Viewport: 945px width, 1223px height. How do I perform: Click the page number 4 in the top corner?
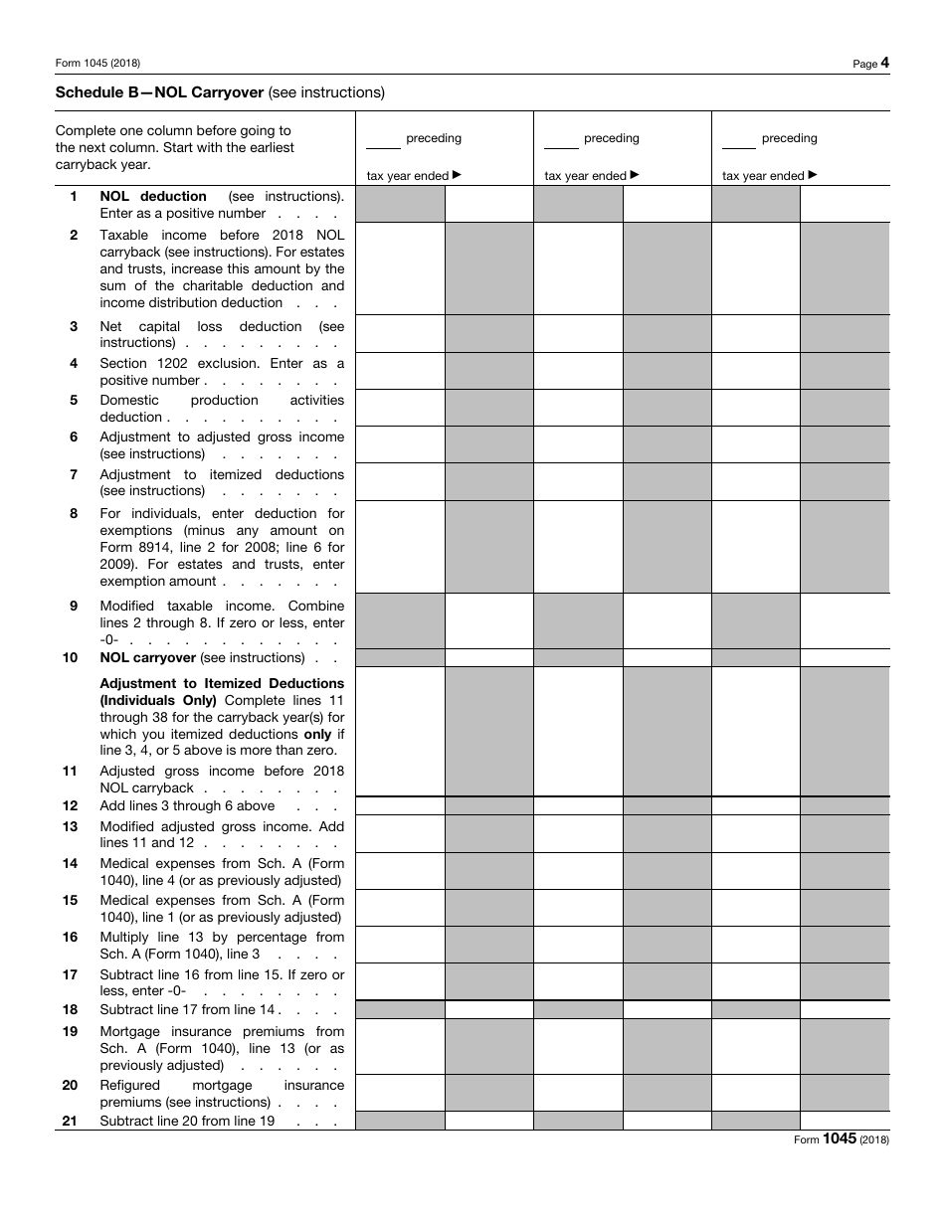pyautogui.click(x=884, y=63)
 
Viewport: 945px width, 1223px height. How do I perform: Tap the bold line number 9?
pyautogui.click(x=74, y=606)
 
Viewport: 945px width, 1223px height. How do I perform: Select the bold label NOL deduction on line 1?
pyautogui.click(x=153, y=196)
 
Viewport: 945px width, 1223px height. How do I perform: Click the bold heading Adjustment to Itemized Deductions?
pyautogui.click(x=222, y=683)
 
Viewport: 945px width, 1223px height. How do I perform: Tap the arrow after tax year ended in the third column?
pyautogui.click(x=813, y=175)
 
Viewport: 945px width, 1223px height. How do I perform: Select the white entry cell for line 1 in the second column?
pyautogui.click(x=666, y=204)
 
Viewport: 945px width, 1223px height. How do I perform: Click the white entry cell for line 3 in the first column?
pyautogui.click(x=400, y=334)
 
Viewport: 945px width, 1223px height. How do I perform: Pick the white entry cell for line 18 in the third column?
pyautogui.click(x=845, y=1009)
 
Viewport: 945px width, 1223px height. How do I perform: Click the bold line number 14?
pyautogui.click(x=71, y=863)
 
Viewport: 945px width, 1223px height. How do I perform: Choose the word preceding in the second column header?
pyautogui.click(x=611, y=138)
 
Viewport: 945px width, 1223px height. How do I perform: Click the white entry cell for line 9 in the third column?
pyautogui.click(x=845, y=621)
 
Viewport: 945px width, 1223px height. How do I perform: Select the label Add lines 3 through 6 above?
pyautogui.click(x=187, y=805)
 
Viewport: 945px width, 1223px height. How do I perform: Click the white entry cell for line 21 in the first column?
pyautogui.click(x=488, y=1121)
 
